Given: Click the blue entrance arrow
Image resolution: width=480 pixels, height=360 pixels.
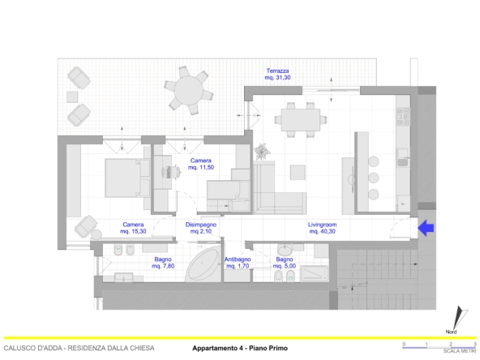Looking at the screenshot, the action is (x=426, y=228).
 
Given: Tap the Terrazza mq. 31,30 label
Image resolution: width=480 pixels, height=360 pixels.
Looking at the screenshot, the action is (x=277, y=74).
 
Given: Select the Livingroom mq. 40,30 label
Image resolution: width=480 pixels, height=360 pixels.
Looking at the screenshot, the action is (x=322, y=228).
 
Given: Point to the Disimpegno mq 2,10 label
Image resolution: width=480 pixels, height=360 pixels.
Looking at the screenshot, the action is (x=201, y=228).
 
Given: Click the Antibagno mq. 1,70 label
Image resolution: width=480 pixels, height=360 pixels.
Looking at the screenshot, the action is (x=238, y=263).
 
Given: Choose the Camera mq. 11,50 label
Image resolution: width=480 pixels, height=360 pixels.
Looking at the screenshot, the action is (x=201, y=164).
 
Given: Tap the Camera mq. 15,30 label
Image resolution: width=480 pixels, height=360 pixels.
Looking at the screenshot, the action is (x=133, y=228).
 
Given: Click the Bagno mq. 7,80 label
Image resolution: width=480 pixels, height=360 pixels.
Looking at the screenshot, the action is (x=163, y=263).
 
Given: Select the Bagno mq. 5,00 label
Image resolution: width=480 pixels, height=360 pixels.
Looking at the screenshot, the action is (x=285, y=263).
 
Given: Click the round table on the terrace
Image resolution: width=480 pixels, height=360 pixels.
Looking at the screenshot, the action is (x=189, y=91).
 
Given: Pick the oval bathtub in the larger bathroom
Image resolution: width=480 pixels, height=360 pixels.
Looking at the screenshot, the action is (x=203, y=265).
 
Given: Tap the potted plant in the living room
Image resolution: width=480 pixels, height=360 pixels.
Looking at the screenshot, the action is (x=262, y=152).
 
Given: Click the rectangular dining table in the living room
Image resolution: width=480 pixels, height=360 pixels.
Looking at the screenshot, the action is (x=301, y=120).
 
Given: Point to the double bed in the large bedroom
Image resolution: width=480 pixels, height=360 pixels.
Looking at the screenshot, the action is (x=122, y=178).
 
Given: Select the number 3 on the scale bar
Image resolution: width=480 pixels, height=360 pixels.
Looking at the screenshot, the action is (x=475, y=344).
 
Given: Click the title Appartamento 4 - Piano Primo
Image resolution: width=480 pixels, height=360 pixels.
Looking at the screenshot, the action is (x=240, y=348).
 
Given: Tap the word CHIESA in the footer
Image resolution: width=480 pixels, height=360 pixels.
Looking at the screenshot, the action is (x=142, y=348).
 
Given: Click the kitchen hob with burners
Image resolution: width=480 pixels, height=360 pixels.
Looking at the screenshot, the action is (x=403, y=116).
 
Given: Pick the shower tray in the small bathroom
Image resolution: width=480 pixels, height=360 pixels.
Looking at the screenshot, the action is (x=315, y=273).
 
